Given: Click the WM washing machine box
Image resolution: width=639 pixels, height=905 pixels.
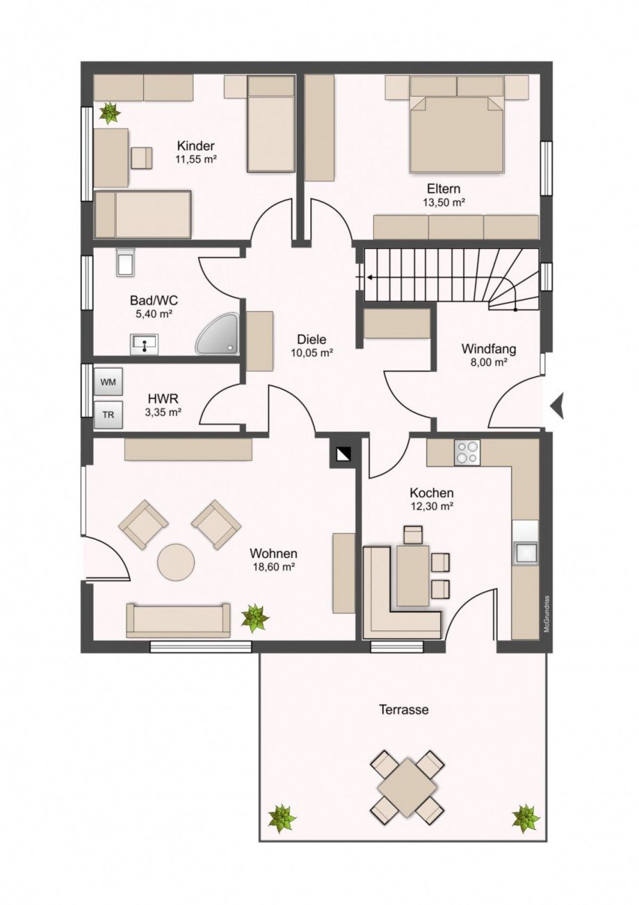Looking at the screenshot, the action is [108, 382].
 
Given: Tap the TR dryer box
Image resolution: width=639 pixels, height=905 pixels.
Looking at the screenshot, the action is [108, 414].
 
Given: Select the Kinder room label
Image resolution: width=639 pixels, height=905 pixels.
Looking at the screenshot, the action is [196, 145].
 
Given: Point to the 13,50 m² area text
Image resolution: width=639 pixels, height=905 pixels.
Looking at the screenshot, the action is [444, 203].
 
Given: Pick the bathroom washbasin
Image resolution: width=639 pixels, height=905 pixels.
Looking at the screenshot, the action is [144, 345].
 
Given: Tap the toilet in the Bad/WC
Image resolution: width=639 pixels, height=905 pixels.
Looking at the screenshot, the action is [125, 262].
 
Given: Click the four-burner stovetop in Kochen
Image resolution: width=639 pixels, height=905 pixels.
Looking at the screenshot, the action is [467, 452].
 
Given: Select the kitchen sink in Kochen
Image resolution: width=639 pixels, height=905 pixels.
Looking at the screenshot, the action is [525, 553].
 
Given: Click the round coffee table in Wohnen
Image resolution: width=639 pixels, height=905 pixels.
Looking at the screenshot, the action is [176, 563].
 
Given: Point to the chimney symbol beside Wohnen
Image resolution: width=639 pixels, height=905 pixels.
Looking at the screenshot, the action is [342, 454].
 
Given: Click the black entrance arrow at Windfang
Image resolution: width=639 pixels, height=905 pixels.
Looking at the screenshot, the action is [558, 407].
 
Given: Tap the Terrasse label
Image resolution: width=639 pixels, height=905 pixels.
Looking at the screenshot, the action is [404, 710].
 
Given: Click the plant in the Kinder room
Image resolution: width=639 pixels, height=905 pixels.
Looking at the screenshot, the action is [110, 113].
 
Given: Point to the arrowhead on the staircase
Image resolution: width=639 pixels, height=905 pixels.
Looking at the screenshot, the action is [369, 277].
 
